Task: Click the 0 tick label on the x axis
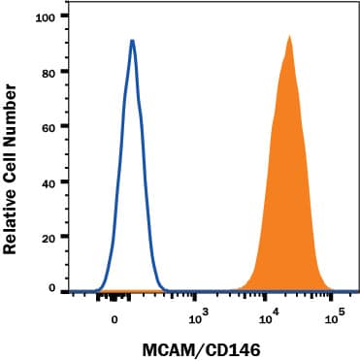(115, 318)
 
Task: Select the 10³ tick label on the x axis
(197, 317)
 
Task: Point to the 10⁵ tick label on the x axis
(335, 317)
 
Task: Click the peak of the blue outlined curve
(132, 41)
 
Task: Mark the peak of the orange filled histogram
(288, 37)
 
